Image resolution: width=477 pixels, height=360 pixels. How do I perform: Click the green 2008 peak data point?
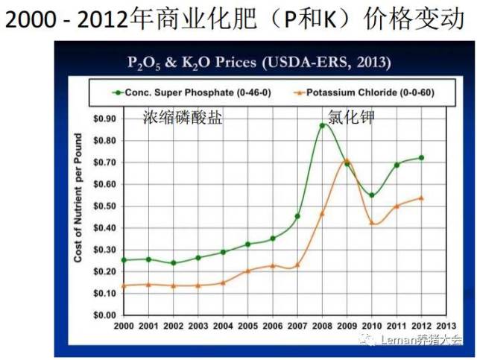322,125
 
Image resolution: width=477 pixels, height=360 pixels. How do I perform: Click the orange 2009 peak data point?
346,160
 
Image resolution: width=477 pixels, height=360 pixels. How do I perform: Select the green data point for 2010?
371,195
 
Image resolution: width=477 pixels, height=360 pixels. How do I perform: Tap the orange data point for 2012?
421,198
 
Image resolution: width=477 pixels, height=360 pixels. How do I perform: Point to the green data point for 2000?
123,260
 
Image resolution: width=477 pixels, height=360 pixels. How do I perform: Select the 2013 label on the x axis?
446,326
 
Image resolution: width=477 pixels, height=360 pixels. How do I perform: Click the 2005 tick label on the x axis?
247,326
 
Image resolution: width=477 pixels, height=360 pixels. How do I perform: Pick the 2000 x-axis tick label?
123,326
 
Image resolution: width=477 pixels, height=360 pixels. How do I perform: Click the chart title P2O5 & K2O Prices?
257,62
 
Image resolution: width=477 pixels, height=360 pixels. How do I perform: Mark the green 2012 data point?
421,157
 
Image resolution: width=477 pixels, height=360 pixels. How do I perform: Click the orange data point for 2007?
297,265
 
